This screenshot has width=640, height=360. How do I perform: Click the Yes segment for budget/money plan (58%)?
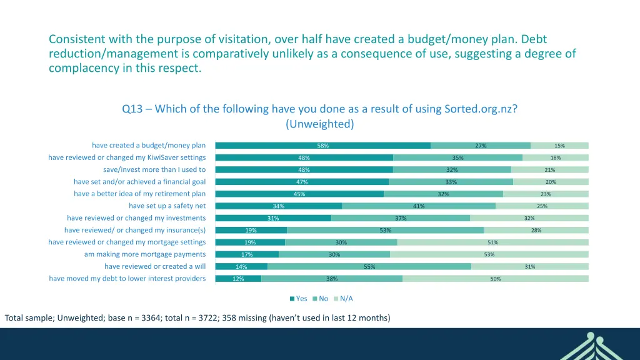(x=322, y=146)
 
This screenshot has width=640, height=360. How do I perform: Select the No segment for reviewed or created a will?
(x=369, y=266)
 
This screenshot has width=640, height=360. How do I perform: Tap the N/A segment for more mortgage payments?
(x=489, y=254)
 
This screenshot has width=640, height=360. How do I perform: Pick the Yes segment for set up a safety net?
(x=279, y=206)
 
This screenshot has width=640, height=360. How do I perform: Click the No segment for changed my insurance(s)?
(x=385, y=230)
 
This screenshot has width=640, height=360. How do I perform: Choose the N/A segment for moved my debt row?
(x=496, y=279)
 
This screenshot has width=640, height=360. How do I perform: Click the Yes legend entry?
(x=299, y=299)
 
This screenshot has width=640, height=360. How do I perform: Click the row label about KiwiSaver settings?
(x=127, y=157)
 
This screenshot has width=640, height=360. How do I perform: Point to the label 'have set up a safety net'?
(x=167, y=206)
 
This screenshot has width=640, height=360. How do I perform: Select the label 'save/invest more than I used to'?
(x=154, y=169)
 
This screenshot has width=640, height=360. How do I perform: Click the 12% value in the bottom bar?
(x=238, y=279)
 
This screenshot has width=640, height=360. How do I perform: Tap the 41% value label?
(x=419, y=206)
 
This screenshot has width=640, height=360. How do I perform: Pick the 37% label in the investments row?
(x=401, y=218)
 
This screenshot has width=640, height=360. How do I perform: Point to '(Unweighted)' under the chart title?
(x=320, y=124)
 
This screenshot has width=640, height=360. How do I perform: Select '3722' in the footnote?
(x=201, y=317)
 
